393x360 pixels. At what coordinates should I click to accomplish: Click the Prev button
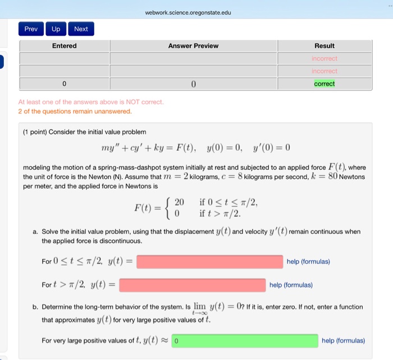(30, 29)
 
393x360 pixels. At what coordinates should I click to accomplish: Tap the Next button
(81, 29)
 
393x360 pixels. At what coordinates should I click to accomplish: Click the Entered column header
(64, 46)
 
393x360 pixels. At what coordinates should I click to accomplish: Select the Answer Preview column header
(193, 46)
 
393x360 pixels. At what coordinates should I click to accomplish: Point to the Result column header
(324, 46)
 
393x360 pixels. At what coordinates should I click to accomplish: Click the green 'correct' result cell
(324, 84)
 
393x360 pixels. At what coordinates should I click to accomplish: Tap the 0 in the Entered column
(64, 84)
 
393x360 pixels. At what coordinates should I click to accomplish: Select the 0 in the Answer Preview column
(193, 84)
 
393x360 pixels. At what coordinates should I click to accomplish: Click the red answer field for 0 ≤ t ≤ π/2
(209, 262)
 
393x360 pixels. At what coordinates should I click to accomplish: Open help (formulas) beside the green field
(343, 340)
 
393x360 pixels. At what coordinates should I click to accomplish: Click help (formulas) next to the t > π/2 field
(291, 285)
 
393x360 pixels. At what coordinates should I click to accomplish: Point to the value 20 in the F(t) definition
(179, 202)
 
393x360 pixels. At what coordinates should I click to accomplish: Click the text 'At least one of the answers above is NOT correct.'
(91, 102)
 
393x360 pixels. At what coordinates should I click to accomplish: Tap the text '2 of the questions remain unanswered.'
(75, 111)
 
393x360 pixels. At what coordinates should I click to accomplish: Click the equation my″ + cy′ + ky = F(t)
(148, 148)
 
